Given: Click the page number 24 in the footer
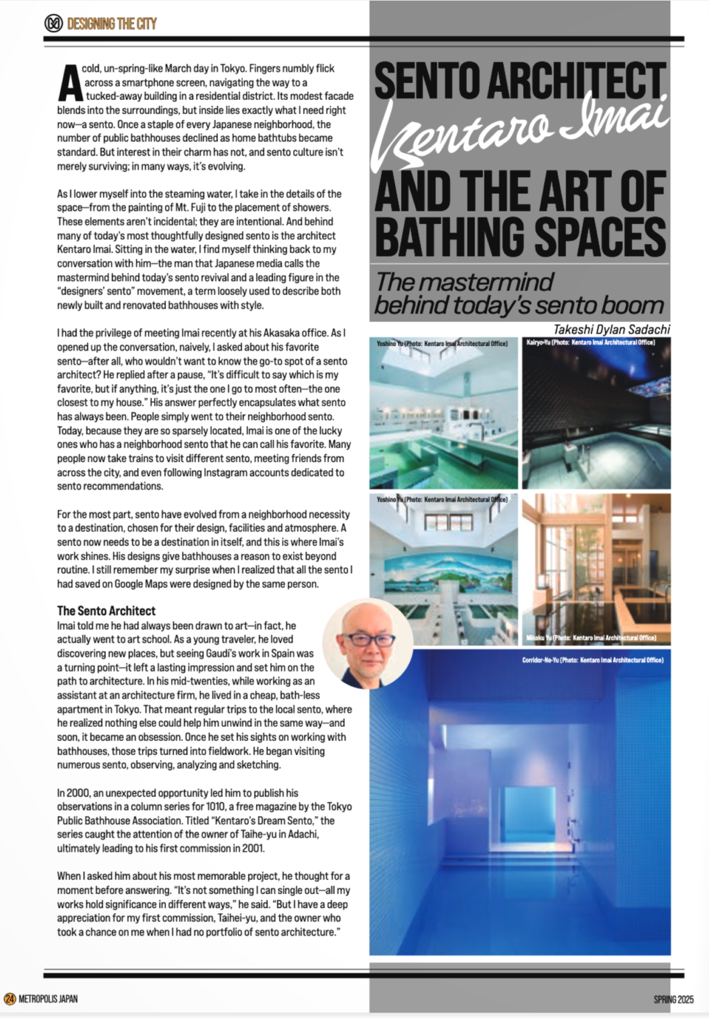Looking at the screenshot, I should coord(10,999).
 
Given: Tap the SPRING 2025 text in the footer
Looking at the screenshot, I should coord(673,999).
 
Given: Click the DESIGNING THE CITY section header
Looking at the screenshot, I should coord(112,24).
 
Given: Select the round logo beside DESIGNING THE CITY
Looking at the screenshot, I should coord(54,23).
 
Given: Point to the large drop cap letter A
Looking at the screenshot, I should coord(69,83).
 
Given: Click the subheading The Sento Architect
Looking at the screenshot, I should coord(106,611).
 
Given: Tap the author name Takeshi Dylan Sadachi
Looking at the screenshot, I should coord(611,329).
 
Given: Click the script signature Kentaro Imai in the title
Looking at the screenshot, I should coord(520,127).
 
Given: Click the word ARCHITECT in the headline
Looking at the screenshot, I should coord(577,82).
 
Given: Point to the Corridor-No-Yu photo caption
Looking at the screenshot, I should coord(592,660).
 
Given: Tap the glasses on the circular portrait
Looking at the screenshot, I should coord(368,639).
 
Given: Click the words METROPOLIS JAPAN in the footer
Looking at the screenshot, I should coord(48,999).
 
